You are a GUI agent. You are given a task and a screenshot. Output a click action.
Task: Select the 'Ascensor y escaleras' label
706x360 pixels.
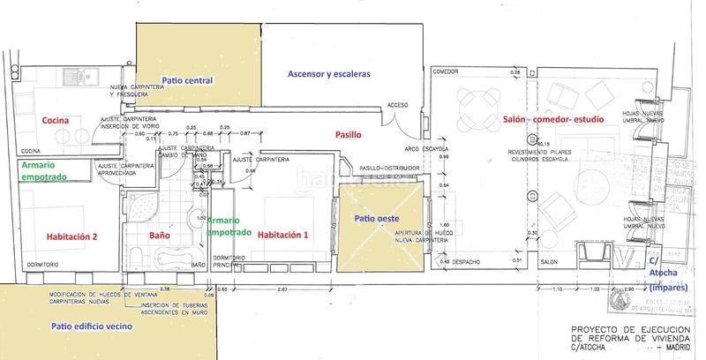329,74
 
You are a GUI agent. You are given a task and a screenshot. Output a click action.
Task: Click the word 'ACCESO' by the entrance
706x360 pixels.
397,103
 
